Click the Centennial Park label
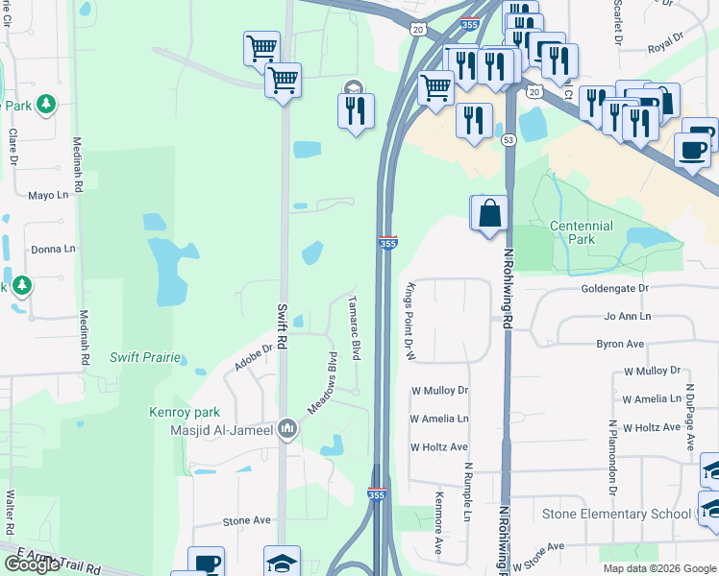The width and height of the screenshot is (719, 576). pyautogui.click(x=581, y=231)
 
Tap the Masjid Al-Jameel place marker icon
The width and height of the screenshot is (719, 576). pyautogui.click(x=287, y=430)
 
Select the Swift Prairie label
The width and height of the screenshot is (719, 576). pyautogui.click(x=145, y=358)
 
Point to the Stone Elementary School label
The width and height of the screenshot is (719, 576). pyautogui.click(x=615, y=514)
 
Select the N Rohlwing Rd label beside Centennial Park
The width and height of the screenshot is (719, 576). pyautogui.click(x=507, y=289)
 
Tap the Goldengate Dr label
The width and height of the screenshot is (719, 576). pyautogui.click(x=615, y=288)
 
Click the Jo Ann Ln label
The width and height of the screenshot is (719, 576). pyautogui.click(x=627, y=316)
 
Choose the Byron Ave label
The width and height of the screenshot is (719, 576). pyautogui.click(x=620, y=343)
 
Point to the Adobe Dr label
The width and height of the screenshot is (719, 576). pyautogui.click(x=254, y=358)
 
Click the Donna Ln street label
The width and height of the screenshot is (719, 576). pyautogui.click(x=53, y=250)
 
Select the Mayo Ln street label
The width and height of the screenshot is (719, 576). pyautogui.click(x=51, y=195)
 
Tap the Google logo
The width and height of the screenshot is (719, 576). pyautogui.click(x=33, y=564)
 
